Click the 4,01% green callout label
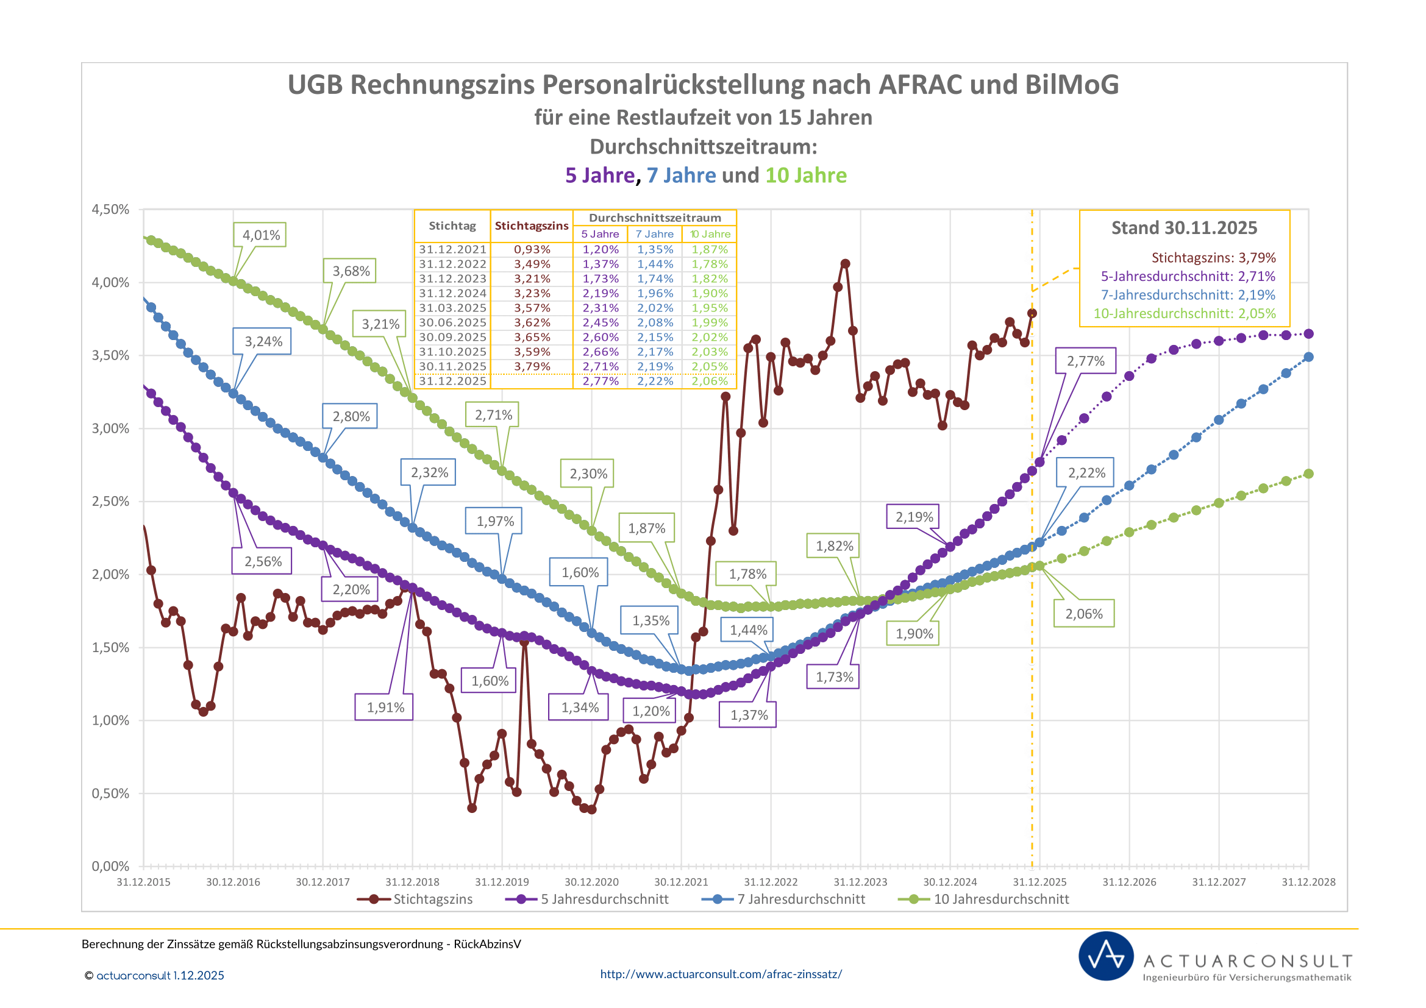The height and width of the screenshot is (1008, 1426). click(261, 235)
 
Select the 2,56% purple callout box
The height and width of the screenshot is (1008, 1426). click(263, 562)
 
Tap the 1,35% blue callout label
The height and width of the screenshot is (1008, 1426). click(651, 620)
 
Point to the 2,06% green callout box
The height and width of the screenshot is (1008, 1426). click(1084, 614)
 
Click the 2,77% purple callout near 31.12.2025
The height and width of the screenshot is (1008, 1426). click(1086, 361)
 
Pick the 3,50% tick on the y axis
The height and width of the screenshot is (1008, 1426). click(110, 356)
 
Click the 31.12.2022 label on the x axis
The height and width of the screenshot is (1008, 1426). click(770, 882)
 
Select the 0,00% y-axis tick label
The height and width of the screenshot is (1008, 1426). click(110, 867)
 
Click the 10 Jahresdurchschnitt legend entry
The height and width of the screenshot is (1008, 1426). click(984, 900)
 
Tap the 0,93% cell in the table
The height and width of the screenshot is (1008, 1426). click(532, 249)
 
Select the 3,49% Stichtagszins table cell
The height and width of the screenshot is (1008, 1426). click(532, 264)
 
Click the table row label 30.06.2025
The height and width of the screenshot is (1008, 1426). click(452, 323)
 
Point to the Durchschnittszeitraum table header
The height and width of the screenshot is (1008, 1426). click(655, 218)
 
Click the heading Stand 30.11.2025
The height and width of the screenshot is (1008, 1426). click(1184, 228)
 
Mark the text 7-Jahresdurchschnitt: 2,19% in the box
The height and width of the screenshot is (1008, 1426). click(1188, 295)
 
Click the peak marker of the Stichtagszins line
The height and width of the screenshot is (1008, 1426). click(844, 264)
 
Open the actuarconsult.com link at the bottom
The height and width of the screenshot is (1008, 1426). click(721, 974)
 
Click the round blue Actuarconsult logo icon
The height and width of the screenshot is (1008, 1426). click(1105, 956)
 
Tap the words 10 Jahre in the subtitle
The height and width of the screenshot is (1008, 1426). click(805, 176)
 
